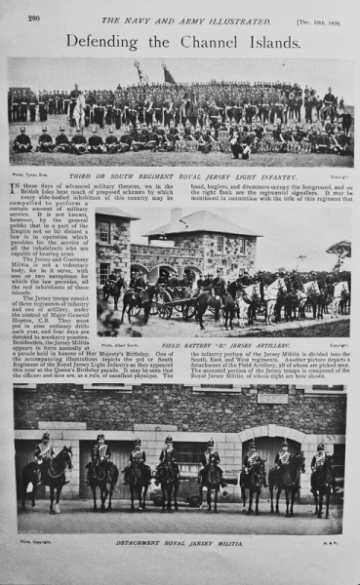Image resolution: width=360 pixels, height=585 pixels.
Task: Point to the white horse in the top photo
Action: [78, 106]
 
